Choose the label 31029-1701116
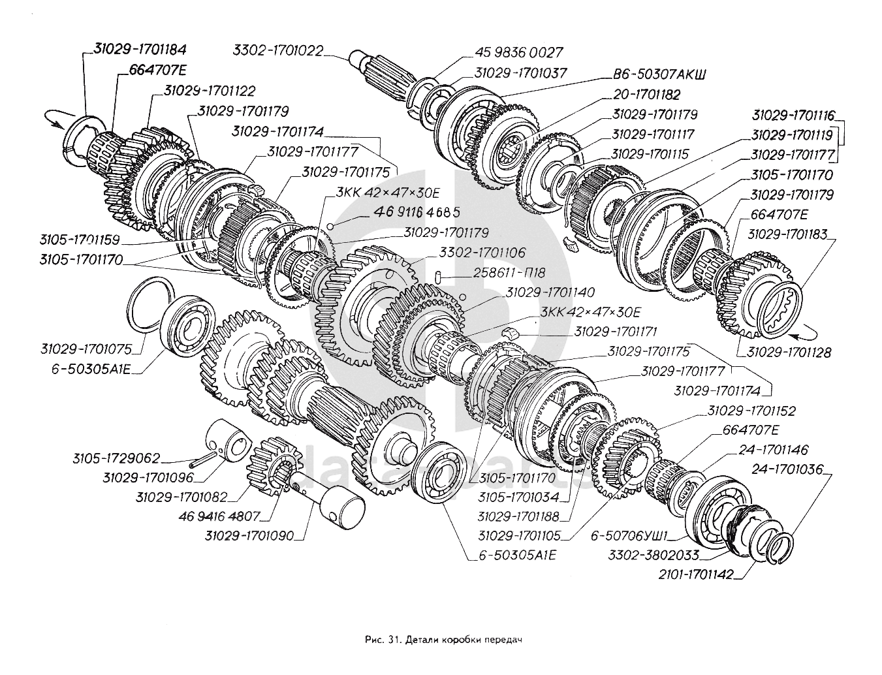point(793,116)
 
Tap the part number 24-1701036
point(787,469)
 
